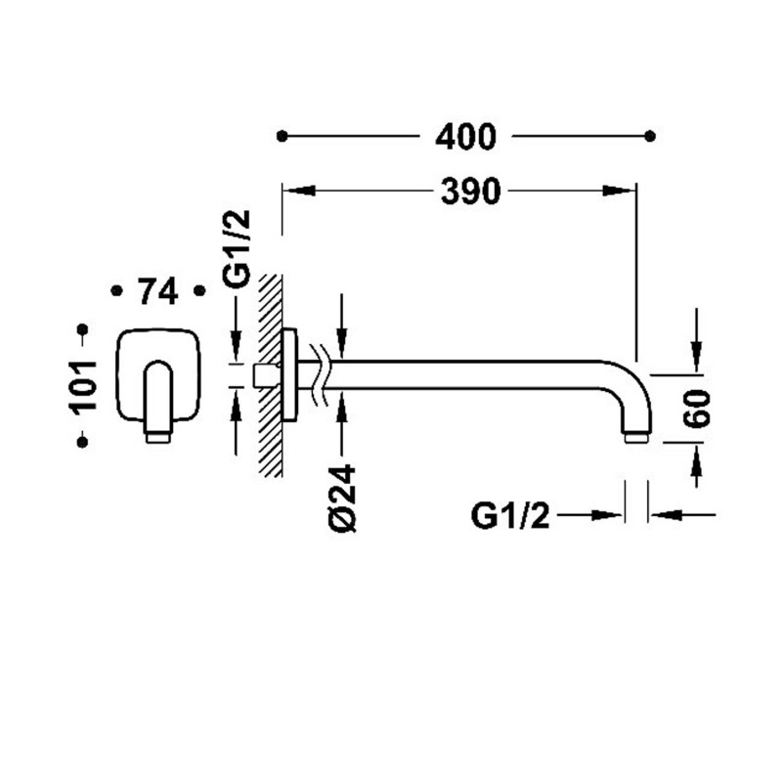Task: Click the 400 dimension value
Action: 466,137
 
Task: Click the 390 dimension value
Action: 470,193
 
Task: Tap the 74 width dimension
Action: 156,291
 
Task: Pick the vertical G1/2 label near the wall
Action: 238,249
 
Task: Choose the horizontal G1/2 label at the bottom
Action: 510,515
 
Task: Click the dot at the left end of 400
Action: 282,137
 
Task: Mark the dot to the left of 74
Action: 115,290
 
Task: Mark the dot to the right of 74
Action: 199,290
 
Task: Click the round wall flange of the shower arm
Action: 289,375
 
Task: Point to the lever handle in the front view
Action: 158,396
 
